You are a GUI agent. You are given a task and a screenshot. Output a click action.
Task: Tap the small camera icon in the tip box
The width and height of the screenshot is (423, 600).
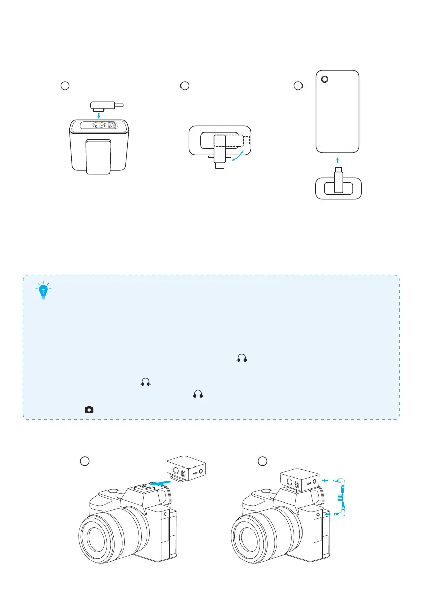point(89,410)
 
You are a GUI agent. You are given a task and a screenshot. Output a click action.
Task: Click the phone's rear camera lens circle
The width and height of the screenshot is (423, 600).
point(325,79)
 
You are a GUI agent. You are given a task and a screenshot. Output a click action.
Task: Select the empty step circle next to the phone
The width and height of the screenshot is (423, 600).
point(299,86)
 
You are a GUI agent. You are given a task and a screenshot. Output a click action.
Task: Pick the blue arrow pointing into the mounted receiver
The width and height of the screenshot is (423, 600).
point(327,480)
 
